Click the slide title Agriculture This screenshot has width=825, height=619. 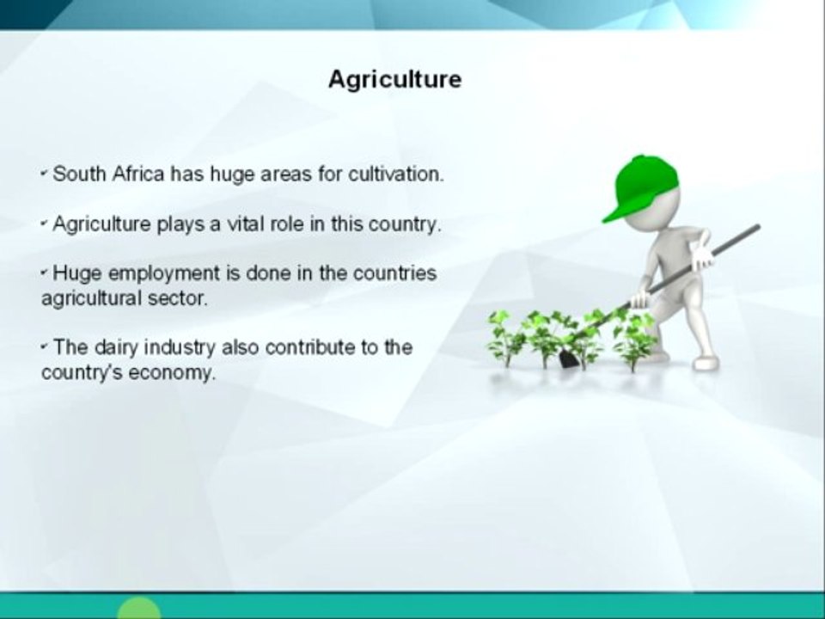point(394,80)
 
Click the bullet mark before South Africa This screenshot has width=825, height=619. point(45,175)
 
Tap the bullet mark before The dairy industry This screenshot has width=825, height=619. point(45,348)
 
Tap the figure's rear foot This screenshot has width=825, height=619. point(706,364)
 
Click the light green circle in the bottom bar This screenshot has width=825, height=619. point(138,609)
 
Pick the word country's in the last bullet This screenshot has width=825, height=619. point(77,374)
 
